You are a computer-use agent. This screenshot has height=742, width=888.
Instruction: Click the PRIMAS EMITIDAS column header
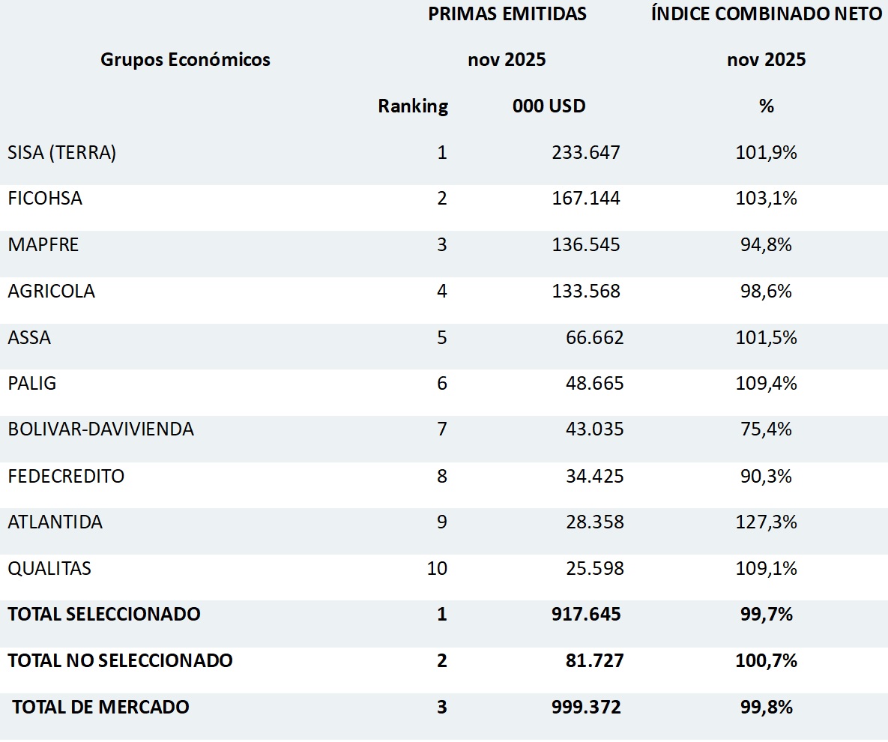[x=507, y=14]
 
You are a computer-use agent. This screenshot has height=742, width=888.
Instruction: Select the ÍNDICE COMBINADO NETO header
[x=766, y=14]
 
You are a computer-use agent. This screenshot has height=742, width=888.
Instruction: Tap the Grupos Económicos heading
[x=185, y=60]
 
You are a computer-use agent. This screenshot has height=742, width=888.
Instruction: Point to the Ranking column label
[x=413, y=106]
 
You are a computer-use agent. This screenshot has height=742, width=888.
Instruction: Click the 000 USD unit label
[x=549, y=106]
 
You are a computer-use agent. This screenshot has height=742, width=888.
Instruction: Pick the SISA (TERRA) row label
[x=62, y=153]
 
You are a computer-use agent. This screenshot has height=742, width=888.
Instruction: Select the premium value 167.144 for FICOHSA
[x=586, y=199]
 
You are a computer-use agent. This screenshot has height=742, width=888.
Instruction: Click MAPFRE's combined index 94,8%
[x=766, y=245]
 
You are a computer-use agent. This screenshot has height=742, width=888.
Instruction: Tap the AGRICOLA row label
[x=52, y=292]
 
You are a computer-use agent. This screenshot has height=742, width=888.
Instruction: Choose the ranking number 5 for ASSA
[x=441, y=337]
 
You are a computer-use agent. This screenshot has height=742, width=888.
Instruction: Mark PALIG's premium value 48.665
[x=594, y=384]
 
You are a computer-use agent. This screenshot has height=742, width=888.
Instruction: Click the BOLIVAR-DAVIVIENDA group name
[x=101, y=429]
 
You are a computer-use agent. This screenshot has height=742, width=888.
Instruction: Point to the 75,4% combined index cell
[x=766, y=429]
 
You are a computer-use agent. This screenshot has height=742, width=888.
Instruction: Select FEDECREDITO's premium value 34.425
[x=594, y=476]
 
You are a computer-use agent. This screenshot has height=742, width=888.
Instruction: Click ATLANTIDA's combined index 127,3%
[x=766, y=522]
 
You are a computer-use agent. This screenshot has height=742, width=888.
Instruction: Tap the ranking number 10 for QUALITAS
[x=437, y=568]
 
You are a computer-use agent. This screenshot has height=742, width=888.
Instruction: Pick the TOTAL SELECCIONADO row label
[x=104, y=615]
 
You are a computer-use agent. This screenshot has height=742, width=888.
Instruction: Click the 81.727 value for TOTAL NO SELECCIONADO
[x=594, y=661]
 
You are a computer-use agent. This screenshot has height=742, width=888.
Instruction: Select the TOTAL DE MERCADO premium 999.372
[x=586, y=707]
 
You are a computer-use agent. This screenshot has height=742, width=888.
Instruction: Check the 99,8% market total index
[x=766, y=707]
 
